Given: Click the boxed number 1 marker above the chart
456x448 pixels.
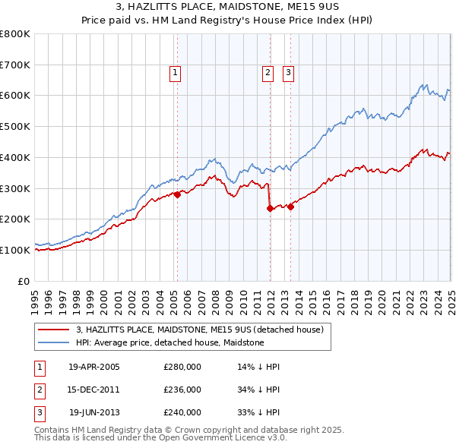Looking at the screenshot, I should [176, 73].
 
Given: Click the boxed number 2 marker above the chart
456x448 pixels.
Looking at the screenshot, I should [268, 73].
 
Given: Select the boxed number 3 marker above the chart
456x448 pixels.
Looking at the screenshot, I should [289, 73].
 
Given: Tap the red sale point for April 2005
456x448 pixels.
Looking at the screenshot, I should [177, 194].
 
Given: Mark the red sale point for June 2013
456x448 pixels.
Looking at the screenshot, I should [290, 207].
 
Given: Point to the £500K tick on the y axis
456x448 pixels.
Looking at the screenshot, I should [15, 127].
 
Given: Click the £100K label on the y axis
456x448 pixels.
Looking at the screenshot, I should [15, 250].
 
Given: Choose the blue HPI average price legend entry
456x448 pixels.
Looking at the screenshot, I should [169, 342].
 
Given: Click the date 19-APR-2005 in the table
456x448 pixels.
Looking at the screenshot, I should [94, 367].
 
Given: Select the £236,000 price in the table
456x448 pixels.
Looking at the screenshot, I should [182, 390].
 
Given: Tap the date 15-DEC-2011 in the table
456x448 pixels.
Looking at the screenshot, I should [94, 390].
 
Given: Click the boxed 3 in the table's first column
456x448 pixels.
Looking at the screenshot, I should [38, 413].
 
